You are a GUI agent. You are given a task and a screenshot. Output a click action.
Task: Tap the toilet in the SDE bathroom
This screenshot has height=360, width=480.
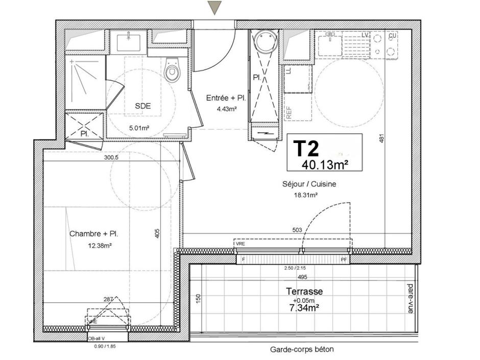(x=172, y=72)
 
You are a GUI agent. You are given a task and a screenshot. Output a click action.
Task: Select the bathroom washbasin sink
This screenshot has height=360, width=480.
(x=128, y=41)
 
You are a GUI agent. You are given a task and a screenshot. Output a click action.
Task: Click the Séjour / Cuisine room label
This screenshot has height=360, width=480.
(x=309, y=184)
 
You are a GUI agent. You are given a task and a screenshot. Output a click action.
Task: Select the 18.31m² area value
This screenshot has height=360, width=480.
(x=306, y=195)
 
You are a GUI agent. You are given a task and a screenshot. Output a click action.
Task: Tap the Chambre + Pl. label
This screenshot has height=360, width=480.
(x=94, y=234)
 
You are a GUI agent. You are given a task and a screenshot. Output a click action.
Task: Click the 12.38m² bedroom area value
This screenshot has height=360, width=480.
(x=100, y=245)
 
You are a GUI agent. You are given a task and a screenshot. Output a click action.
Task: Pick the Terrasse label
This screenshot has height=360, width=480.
(x=304, y=291)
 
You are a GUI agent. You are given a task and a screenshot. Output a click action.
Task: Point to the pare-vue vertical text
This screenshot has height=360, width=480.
(x=410, y=298)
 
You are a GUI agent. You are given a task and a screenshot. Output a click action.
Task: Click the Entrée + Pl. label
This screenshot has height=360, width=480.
(x=226, y=98)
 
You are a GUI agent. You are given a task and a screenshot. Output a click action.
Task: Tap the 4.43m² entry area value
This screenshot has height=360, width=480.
(x=226, y=109)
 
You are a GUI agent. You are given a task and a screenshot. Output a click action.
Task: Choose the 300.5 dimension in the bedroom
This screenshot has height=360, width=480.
(x=111, y=158)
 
